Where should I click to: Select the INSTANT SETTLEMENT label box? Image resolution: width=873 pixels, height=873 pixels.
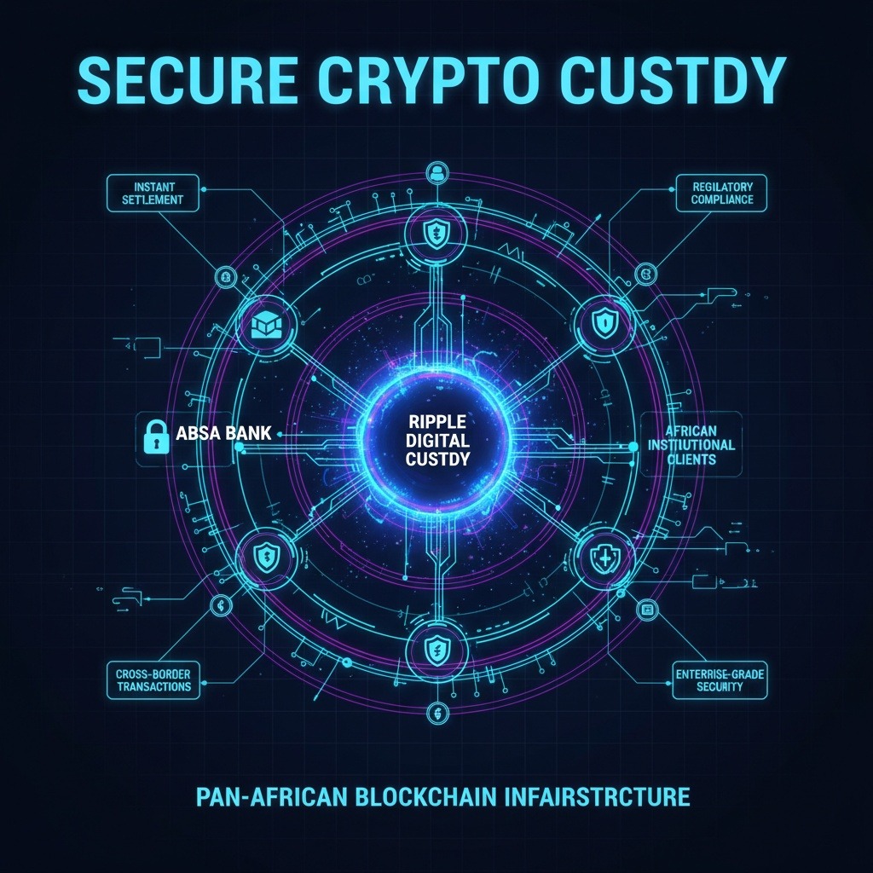pyautogui.click(x=153, y=193)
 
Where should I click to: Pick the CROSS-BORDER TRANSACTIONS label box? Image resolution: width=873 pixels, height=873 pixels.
pyautogui.click(x=153, y=679)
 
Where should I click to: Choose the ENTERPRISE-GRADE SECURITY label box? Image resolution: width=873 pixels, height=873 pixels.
pyautogui.click(x=720, y=679)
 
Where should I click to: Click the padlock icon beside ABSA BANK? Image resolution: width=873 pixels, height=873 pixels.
pyautogui.click(x=153, y=436)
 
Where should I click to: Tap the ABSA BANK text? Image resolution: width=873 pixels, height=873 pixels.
pyautogui.click(x=223, y=434)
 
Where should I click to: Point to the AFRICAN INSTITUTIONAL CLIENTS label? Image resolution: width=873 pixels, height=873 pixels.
pyautogui.click(x=691, y=441)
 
